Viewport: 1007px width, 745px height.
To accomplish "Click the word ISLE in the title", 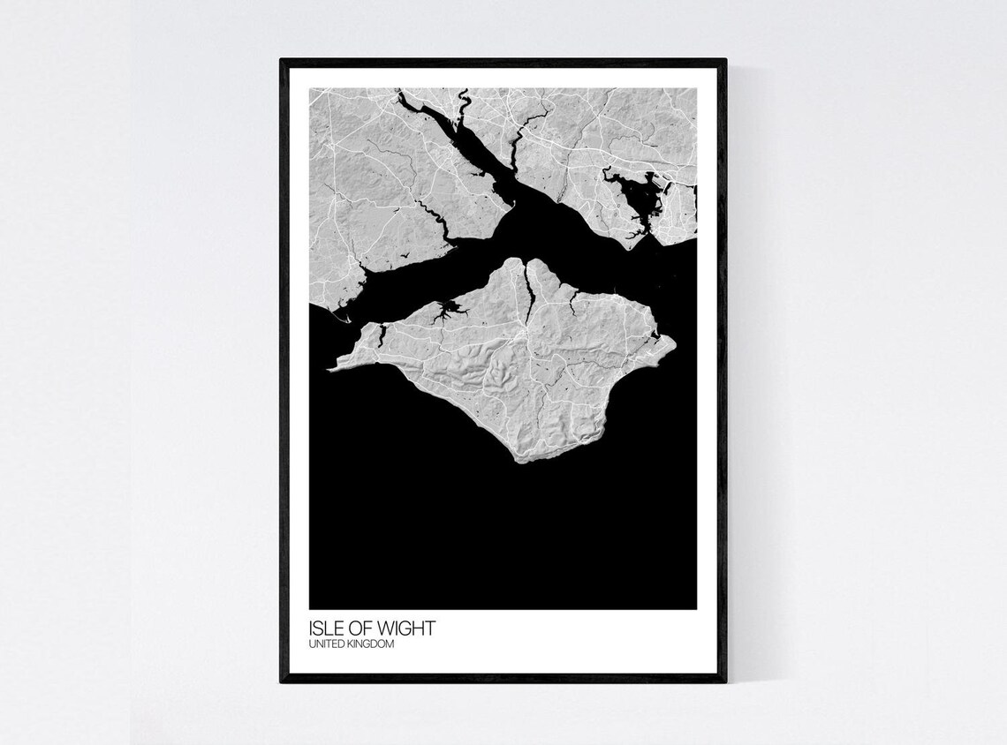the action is click(325, 629).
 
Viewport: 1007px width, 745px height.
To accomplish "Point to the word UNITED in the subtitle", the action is click(325, 645).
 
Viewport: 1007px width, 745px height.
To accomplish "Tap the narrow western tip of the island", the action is click(331, 365).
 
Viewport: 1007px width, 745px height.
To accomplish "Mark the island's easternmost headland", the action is click(673, 341).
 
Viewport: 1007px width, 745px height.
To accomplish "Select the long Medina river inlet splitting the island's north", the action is click(528, 291).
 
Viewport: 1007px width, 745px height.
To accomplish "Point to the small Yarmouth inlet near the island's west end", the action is click(382, 334).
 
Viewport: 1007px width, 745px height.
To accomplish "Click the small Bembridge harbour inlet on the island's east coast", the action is click(655, 336).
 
